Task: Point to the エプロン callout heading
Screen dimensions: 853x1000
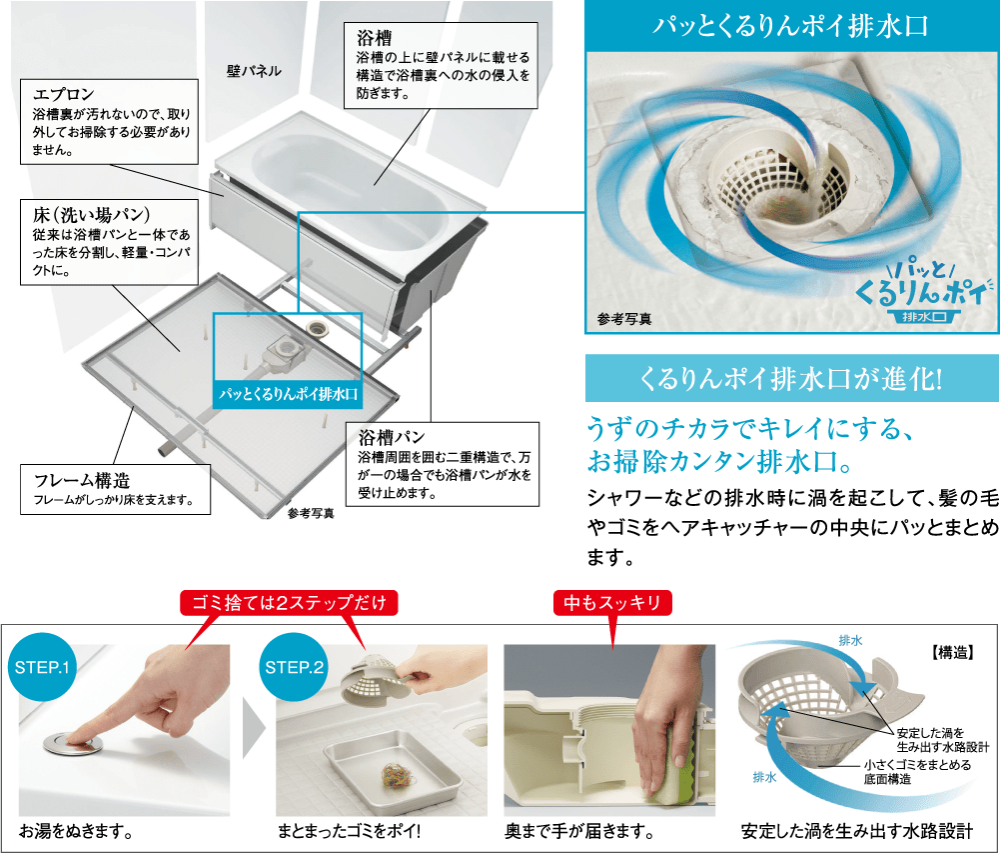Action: (x=63, y=95)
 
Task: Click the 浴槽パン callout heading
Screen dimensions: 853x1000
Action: (x=391, y=436)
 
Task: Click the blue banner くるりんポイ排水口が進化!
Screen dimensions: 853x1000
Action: (x=791, y=380)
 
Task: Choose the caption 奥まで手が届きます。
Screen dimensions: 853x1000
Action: (x=579, y=831)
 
